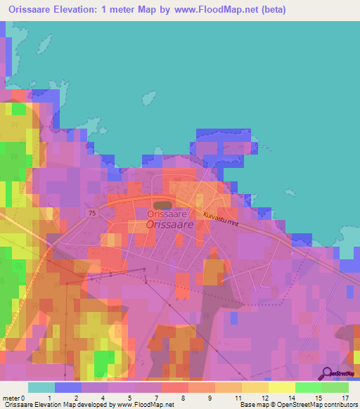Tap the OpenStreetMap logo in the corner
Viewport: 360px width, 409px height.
[338, 374]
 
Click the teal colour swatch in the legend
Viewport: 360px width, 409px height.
[41, 387]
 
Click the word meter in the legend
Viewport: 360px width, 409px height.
[12, 398]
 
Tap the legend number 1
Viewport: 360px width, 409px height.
[49, 398]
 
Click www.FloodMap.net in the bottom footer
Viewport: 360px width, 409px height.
[146, 405]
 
